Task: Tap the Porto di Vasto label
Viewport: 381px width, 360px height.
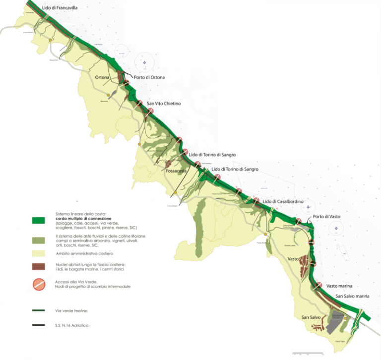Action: click(x=326, y=217)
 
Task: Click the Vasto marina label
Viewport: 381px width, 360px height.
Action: click(x=341, y=285)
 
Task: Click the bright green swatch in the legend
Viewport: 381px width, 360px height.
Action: click(x=39, y=220)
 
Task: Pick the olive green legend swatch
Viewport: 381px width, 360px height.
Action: click(x=39, y=240)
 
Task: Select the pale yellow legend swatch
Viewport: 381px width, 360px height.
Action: click(x=39, y=254)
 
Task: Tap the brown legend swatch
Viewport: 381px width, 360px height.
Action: click(x=39, y=267)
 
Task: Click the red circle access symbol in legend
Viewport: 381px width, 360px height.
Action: click(x=39, y=285)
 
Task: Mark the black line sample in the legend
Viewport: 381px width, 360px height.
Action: click(x=39, y=325)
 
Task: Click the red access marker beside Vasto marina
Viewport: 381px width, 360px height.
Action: click(x=318, y=285)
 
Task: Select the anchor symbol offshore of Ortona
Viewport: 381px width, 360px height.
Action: click(x=144, y=63)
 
